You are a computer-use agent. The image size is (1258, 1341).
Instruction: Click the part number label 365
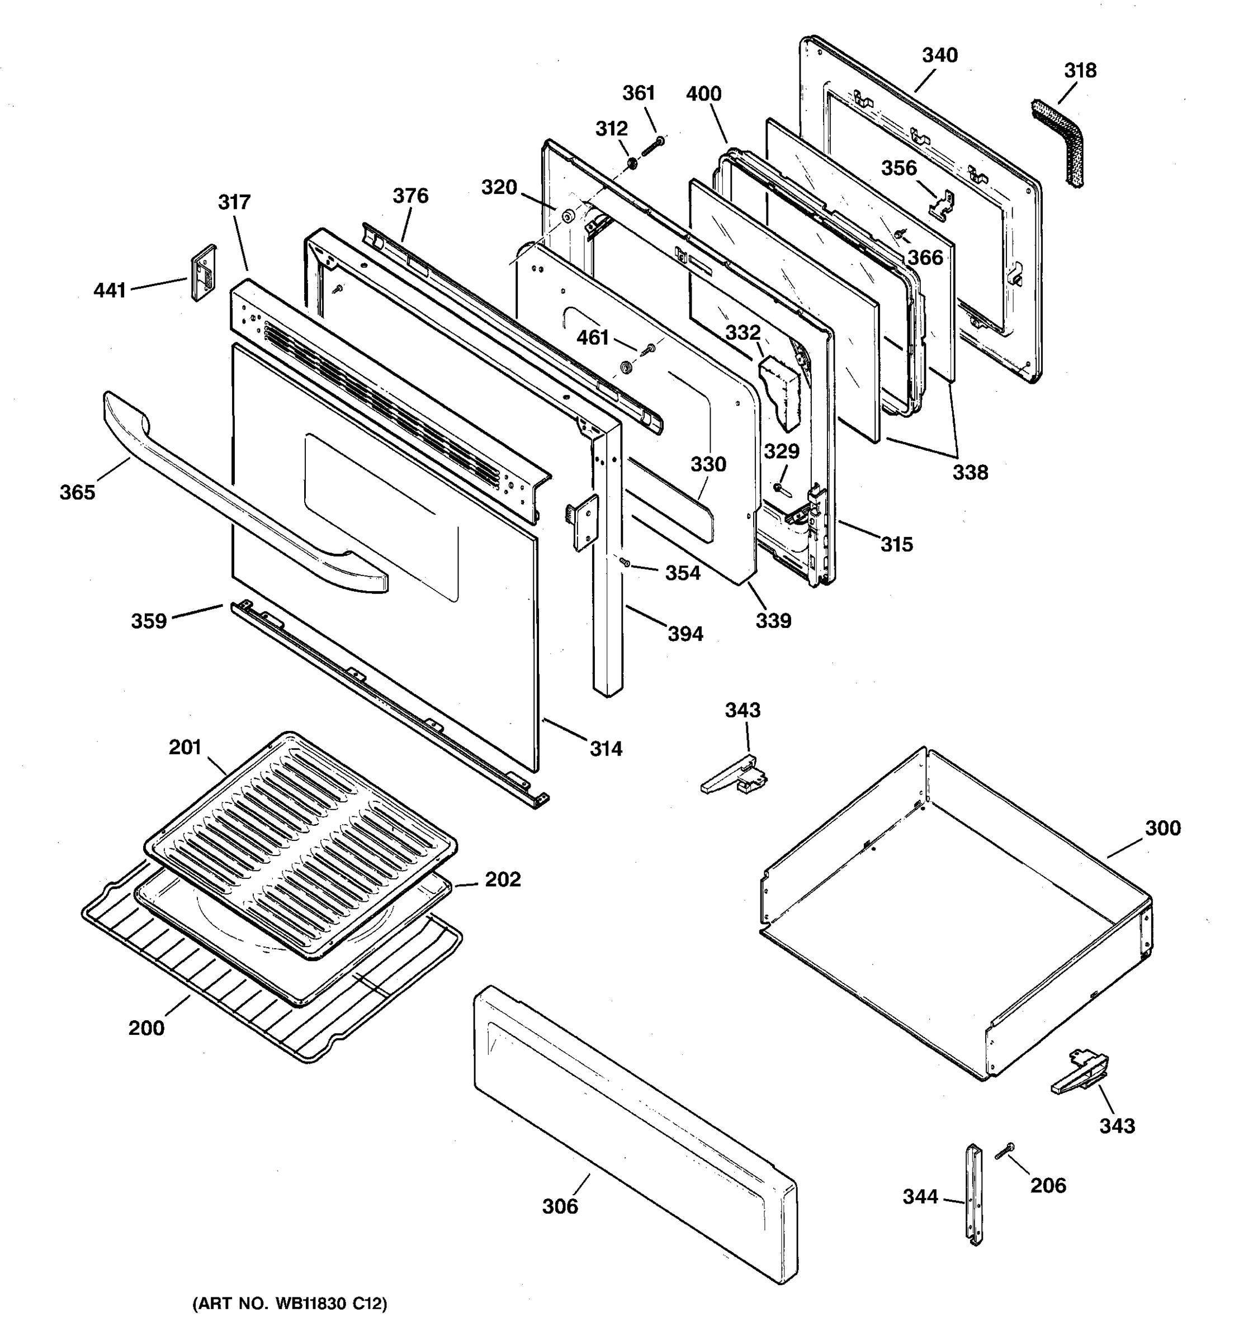coord(77,492)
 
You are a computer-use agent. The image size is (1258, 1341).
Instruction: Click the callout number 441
coord(110,291)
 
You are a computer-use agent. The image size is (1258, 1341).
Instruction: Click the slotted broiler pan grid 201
coord(300,843)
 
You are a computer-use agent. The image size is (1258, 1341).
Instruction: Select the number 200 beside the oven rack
coord(146,1028)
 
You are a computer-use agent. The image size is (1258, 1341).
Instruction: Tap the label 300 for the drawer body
coord(1162,828)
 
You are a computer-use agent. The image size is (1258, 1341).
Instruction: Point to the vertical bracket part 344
coord(975,1194)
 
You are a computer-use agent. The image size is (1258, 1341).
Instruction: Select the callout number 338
coord(970,473)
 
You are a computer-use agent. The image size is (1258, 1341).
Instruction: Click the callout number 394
coord(685,634)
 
